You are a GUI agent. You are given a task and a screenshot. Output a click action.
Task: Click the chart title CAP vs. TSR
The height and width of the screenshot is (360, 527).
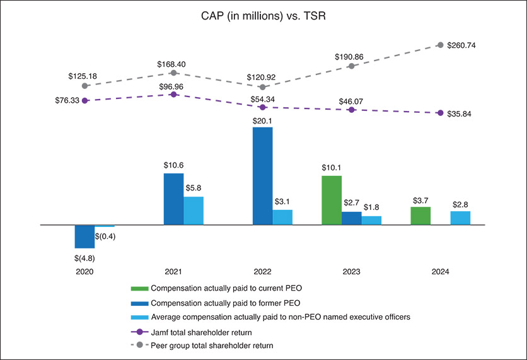pyautogui.click(x=263, y=16)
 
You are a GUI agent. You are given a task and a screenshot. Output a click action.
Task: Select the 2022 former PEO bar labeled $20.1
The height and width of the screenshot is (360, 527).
pyautogui.click(x=262, y=176)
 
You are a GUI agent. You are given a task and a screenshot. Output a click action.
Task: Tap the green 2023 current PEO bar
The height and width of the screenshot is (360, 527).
pyautogui.click(x=332, y=200)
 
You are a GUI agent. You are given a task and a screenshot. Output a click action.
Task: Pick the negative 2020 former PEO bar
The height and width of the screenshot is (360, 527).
pyautogui.click(x=84, y=236)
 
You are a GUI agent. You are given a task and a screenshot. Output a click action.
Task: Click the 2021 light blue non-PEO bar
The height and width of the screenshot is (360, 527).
pyautogui.click(x=194, y=211)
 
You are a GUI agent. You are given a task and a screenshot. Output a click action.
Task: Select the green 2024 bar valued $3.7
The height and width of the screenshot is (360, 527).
pyautogui.click(x=420, y=216)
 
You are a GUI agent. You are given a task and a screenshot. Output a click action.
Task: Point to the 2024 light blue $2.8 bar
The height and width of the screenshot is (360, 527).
pyautogui.click(x=460, y=218)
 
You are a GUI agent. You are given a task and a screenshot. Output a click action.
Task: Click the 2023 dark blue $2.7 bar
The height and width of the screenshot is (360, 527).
pyautogui.click(x=352, y=218)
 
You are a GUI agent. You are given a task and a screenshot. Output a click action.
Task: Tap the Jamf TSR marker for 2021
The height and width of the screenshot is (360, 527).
pyautogui.click(x=173, y=94)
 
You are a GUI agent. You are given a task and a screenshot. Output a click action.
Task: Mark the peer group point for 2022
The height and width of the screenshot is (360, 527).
pyautogui.click(x=262, y=87)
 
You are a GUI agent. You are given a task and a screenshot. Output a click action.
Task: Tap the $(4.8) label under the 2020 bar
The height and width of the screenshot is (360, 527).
pyautogui.click(x=84, y=257)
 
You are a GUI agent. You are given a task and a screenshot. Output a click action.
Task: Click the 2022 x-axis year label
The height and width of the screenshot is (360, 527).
pyautogui.click(x=262, y=272)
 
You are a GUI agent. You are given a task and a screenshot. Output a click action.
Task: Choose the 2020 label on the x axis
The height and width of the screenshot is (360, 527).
pyautogui.click(x=84, y=272)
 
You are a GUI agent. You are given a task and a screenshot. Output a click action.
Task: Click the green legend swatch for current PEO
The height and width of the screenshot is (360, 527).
pyautogui.click(x=140, y=288)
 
